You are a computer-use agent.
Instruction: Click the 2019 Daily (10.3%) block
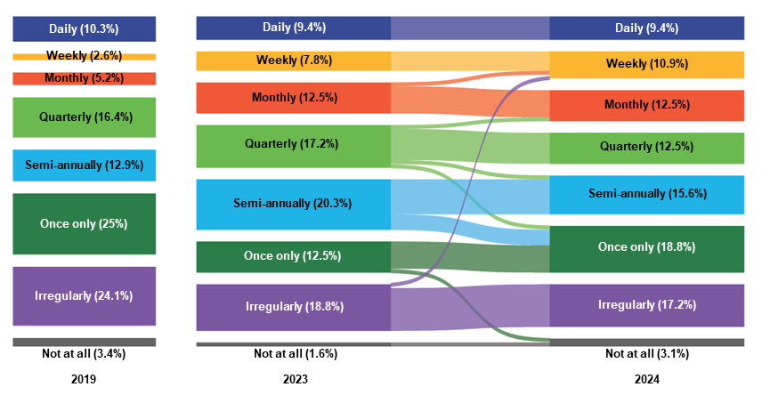[85, 28]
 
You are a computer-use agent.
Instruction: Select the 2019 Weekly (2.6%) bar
[85, 56]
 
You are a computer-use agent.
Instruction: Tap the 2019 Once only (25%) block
[85, 223]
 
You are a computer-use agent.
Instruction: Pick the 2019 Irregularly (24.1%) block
[85, 295]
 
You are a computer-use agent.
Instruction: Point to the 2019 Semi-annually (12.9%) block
[85, 165]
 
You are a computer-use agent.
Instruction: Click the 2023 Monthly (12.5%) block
[293, 98]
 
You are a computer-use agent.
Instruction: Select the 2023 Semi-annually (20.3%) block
[293, 204]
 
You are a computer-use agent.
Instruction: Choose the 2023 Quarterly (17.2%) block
[293, 145]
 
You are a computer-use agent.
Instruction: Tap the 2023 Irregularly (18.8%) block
[293, 307]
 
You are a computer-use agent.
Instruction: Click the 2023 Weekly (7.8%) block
[293, 60]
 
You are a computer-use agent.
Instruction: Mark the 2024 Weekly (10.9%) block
[646, 65]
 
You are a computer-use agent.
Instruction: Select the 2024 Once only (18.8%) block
[646, 248]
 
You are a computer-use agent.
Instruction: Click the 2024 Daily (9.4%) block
[646, 28]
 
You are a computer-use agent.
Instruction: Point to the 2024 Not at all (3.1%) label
[646, 354]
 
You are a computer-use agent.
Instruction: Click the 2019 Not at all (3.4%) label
[84, 354]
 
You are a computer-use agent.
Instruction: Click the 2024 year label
[646, 379]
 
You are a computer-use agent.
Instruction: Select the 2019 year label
[84, 379]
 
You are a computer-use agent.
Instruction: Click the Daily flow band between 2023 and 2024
[470, 28]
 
